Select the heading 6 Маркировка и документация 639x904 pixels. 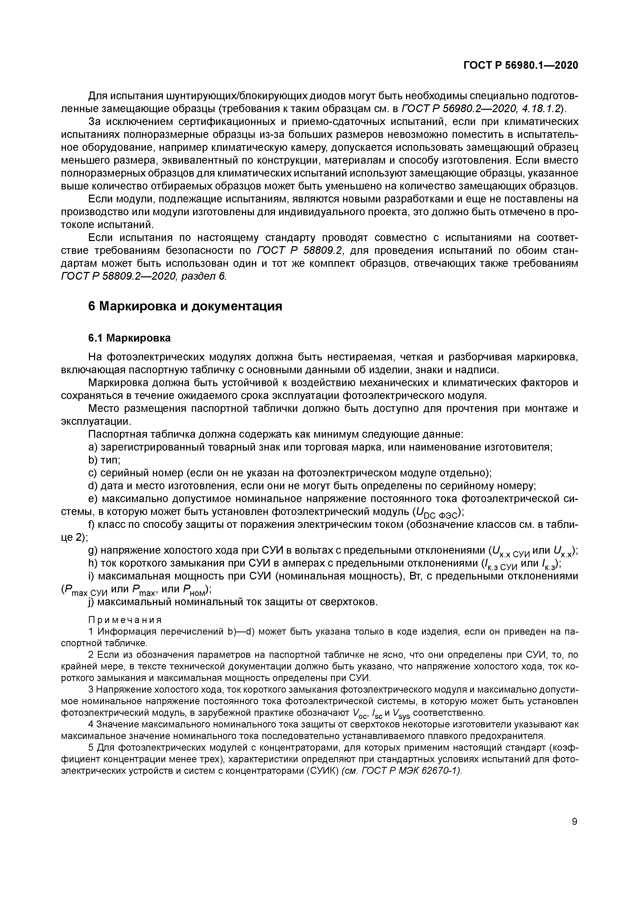tap(185, 306)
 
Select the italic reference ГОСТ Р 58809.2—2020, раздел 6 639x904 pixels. tap(144, 276)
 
